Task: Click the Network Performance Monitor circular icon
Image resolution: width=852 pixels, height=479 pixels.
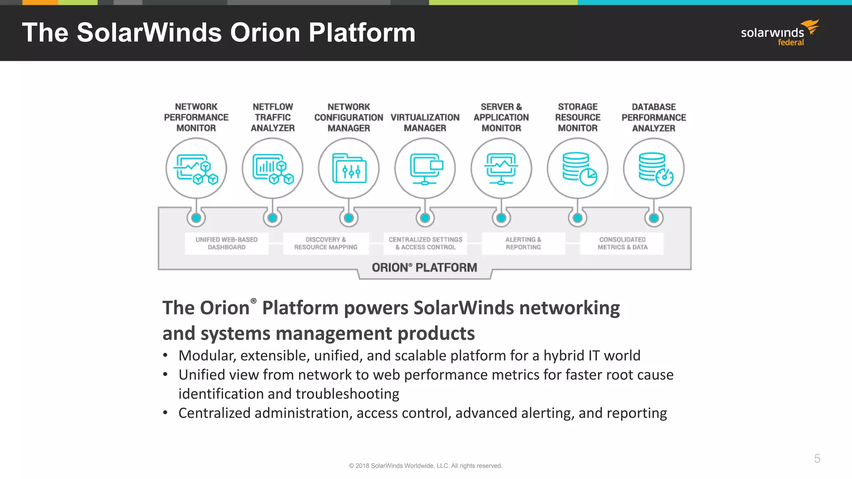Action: (196, 168)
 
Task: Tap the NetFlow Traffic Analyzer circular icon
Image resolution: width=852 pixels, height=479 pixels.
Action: (272, 168)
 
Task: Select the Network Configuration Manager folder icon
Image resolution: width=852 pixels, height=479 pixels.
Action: (349, 169)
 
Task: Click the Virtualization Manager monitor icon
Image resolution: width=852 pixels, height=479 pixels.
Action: (425, 168)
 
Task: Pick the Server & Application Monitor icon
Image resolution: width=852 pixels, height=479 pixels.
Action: (501, 168)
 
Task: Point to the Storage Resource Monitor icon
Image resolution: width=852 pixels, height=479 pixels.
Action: (577, 168)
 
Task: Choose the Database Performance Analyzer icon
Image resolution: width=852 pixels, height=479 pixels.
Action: (654, 168)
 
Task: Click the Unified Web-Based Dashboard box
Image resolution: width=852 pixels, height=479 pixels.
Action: (227, 243)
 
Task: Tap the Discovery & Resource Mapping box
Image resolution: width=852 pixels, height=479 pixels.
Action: (326, 243)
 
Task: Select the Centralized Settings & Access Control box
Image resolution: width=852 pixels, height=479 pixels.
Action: (425, 243)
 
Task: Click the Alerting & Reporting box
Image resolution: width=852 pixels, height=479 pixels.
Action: (523, 243)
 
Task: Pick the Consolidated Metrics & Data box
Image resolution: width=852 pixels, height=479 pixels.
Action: (622, 243)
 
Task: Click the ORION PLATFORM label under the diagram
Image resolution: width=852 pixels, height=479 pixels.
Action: (424, 267)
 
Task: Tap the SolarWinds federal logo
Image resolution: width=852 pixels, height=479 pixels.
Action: (780, 33)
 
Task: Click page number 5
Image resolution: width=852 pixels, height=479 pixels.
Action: (817, 459)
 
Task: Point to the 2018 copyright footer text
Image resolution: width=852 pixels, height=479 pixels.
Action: (426, 466)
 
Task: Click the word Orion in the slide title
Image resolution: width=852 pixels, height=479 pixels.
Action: (265, 32)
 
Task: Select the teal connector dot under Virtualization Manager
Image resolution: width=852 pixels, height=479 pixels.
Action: (425, 218)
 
